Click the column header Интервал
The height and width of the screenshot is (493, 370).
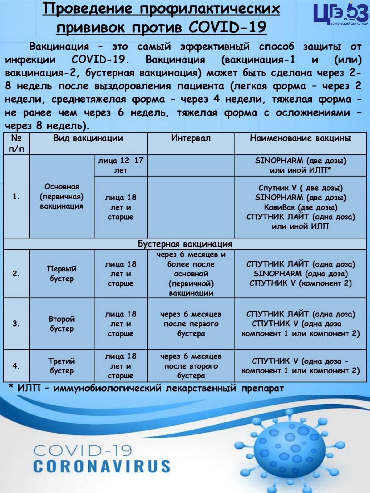[x=191, y=138]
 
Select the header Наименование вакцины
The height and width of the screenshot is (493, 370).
[x=300, y=138]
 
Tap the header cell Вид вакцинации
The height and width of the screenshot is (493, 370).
[x=88, y=138]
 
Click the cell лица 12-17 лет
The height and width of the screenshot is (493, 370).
[x=121, y=165]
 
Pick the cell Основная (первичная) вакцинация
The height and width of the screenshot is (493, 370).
[x=62, y=196]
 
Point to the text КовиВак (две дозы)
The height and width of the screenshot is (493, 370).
[x=300, y=207]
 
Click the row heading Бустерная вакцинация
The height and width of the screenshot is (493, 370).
[x=185, y=244]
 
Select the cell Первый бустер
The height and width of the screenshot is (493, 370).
[x=62, y=274]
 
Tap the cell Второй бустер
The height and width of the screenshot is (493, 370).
[x=62, y=324]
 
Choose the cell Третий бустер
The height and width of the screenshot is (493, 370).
[x=62, y=366]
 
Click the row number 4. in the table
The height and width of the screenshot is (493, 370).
[x=16, y=366]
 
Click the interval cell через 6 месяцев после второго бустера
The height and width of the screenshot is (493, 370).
[x=191, y=366]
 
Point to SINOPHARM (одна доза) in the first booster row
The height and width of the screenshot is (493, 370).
[x=300, y=274]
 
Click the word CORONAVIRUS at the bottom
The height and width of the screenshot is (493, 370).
[x=101, y=467]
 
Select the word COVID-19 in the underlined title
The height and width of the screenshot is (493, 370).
[x=227, y=27]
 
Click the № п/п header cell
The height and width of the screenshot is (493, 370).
[x=16, y=144]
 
